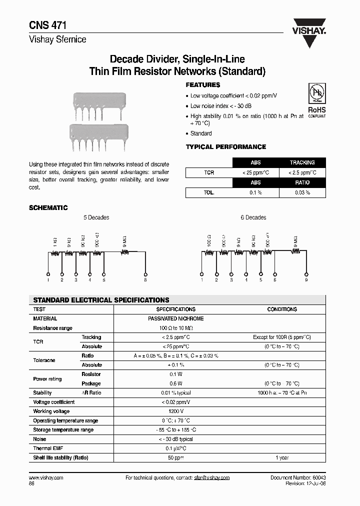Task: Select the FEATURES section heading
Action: point(203,85)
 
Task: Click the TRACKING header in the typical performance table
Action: point(302,162)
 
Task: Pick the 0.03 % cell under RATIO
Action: point(302,192)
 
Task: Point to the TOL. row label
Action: point(209,192)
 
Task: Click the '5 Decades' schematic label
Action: point(96,217)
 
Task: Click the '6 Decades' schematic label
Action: point(253,217)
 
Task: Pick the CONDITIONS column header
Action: point(282,309)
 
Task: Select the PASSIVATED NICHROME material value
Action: point(176,318)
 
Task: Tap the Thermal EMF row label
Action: point(48,448)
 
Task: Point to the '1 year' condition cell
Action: point(282,458)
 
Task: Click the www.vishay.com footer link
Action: point(46,477)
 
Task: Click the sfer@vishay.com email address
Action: point(211,477)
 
